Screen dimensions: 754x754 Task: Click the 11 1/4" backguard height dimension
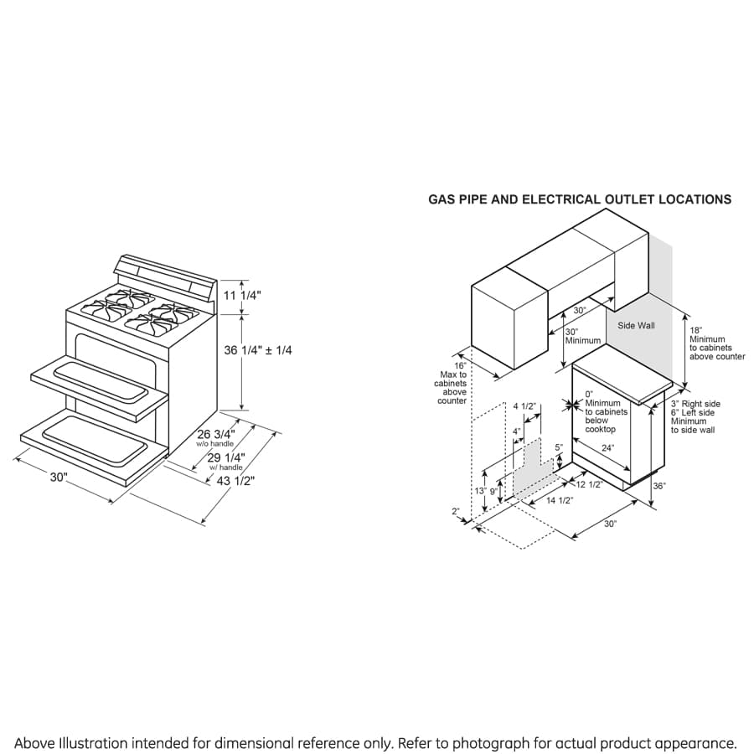(x=243, y=296)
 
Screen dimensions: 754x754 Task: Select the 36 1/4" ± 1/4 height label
(x=258, y=350)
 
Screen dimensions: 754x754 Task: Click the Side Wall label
(x=636, y=326)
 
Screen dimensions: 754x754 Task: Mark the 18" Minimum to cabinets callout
(x=716, y=343)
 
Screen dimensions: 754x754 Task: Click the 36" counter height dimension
(x=658, y=486)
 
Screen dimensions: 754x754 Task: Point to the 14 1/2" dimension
(x=559, y=500)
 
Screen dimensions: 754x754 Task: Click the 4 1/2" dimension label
(x=524, y=406)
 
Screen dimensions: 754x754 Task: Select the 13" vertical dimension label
(x=481, y=491)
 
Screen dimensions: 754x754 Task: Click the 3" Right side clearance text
(x=695, y=404)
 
